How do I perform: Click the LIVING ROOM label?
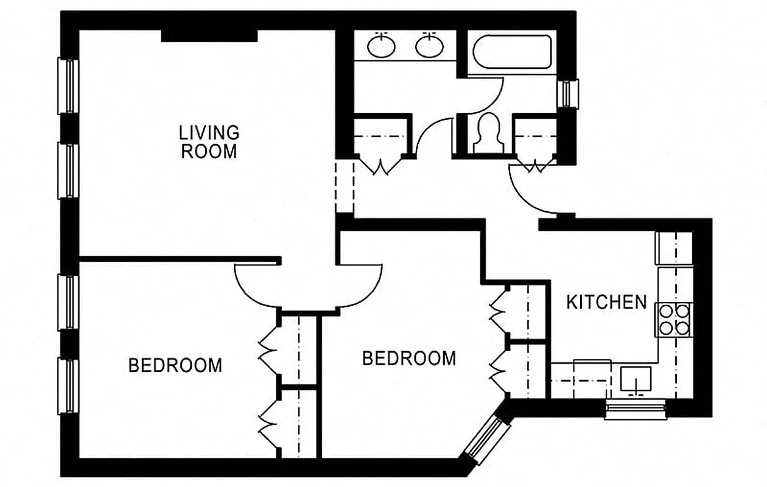209,141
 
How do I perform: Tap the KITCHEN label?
606,302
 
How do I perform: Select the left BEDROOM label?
175,365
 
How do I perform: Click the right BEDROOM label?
409,358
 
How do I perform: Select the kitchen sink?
636,379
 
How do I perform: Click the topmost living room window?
68,86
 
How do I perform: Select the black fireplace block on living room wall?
209,35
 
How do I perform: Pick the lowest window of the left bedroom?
68,386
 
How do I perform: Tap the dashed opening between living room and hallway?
345,186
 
